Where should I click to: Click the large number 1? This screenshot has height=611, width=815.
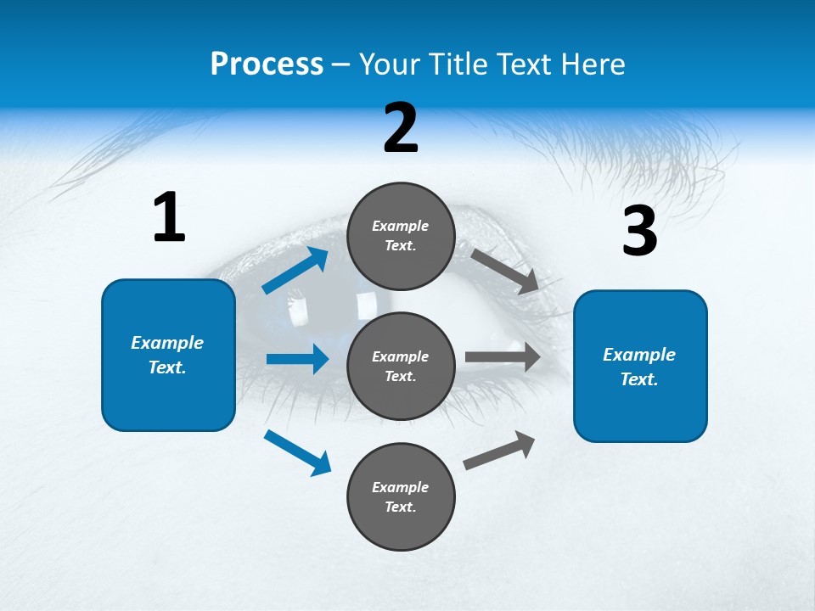click(x=169, y=217)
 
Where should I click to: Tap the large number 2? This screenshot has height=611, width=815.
click(x=401, y=128)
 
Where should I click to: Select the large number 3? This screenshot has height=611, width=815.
click(x=639, y=231)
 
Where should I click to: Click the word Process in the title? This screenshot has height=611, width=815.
click(x=267, y=64)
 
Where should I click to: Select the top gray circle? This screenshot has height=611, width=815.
click(x=401, y=236)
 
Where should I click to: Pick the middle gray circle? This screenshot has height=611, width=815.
click(x=401, y=366)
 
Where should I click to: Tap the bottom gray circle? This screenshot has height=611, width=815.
click(x=401, y=496)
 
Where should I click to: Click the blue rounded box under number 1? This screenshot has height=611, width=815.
click(x=168, y=355)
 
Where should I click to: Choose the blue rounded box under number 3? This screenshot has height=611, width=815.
click(x=640, y=366)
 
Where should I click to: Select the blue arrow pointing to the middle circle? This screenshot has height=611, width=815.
click(x=297, y=359)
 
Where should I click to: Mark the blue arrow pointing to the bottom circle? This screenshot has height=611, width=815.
click(x=298, y=452)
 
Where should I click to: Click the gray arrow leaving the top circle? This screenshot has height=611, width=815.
click(x=505, y=271)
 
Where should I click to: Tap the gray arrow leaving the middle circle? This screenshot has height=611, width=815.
click(x=503, y=357)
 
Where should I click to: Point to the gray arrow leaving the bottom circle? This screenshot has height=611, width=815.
click(x=500, y=450)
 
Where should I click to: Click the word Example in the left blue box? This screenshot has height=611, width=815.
click(x=167, y=343)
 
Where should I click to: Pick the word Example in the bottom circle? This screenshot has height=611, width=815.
click(x=401, y=487)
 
